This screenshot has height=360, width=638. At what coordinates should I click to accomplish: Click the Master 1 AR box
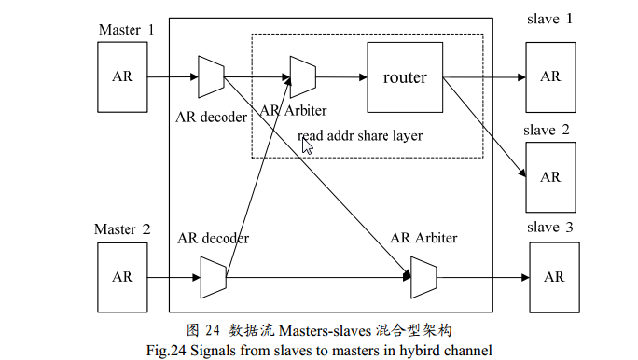(122, 76)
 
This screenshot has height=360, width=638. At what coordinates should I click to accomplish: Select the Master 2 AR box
(122, 277)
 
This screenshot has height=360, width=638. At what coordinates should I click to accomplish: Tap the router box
(405, 77)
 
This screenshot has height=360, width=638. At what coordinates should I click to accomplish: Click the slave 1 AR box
(550, 76)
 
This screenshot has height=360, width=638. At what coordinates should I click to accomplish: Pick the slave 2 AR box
(550, 177)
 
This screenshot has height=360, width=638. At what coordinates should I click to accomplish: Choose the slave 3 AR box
(554, 277)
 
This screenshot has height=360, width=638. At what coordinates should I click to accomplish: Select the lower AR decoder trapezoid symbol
(214, 277)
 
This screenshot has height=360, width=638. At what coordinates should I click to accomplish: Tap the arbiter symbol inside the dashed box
(303, 77)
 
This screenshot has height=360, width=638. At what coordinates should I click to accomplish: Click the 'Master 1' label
(126, 30)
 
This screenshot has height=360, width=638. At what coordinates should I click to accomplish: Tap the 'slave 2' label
(547, 132)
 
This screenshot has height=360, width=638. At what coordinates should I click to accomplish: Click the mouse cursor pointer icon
(307, 145)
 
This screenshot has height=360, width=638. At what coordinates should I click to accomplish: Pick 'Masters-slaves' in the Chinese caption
(327, 331)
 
